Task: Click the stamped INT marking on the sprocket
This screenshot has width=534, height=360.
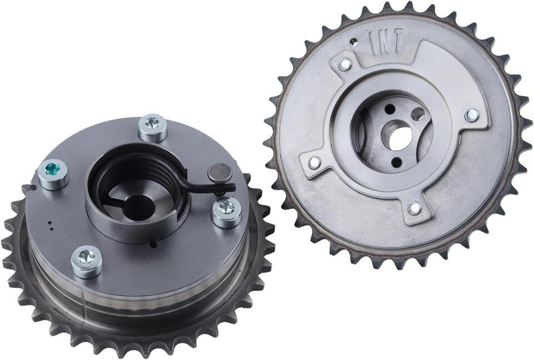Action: tap(386, 42)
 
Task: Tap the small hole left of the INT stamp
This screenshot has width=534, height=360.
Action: tap(354, 42)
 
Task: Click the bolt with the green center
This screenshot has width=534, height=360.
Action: tap(53, 174)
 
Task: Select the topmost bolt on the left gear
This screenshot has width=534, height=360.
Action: tap(153, 128)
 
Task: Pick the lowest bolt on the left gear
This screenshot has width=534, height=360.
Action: tap(87, 262)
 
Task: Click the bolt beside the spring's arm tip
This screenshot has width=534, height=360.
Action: tap(227, 214)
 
